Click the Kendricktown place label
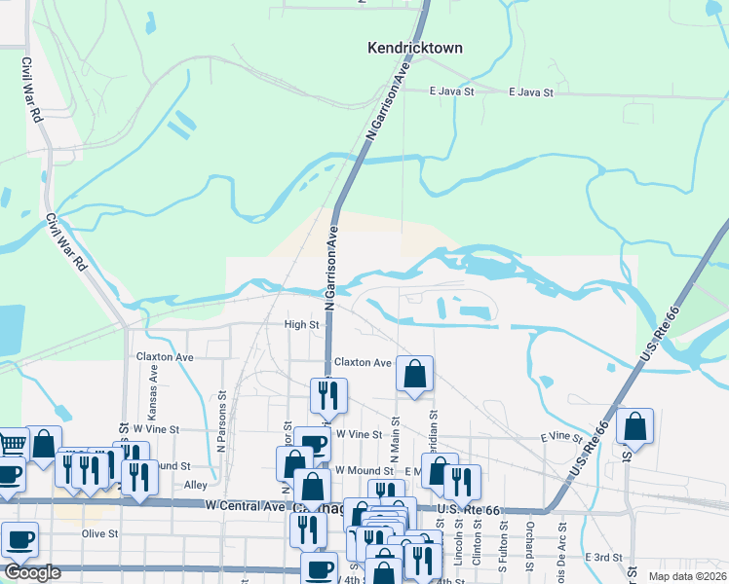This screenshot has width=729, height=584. [x=414, y=47]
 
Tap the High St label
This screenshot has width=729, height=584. [x=301, y=324]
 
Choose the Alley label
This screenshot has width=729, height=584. [x=196, y=484]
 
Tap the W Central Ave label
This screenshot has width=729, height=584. [x=244, y=505]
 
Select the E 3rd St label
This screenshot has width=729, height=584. [x=603, y=556]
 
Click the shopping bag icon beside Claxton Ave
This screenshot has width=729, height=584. [x=414, y=372]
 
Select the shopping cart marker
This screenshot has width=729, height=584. [x=10, y=445]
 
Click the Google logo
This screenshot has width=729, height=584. [x=32, y=571]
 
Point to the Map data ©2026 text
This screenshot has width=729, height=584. [x=688, y=575]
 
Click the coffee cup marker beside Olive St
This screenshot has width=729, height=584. [x=19, y=538]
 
